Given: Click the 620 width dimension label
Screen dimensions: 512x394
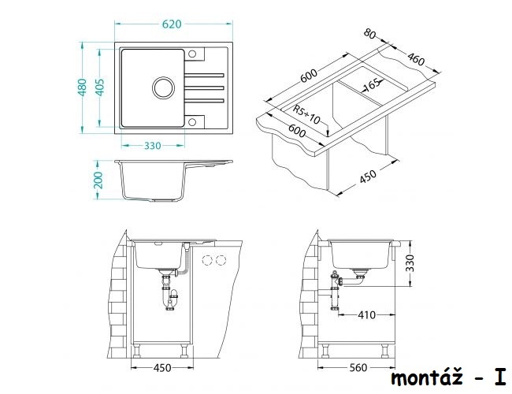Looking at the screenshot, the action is point(172,24).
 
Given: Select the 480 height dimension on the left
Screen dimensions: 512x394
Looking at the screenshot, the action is point(82,87).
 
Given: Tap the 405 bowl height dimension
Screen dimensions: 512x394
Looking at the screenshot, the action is point(99,87).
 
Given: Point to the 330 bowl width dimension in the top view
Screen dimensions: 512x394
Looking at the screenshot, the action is point(153,145).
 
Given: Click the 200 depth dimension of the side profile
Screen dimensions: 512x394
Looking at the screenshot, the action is point(98,180).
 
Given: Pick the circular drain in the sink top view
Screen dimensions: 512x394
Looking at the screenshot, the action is point(163,88).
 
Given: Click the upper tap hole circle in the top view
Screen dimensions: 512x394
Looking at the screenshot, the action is point(192,54).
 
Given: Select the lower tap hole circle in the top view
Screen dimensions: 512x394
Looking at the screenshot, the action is point(192,122).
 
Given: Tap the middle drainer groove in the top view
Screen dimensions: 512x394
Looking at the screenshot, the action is point(205,87).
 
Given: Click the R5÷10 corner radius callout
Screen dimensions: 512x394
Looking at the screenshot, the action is point(306,115).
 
